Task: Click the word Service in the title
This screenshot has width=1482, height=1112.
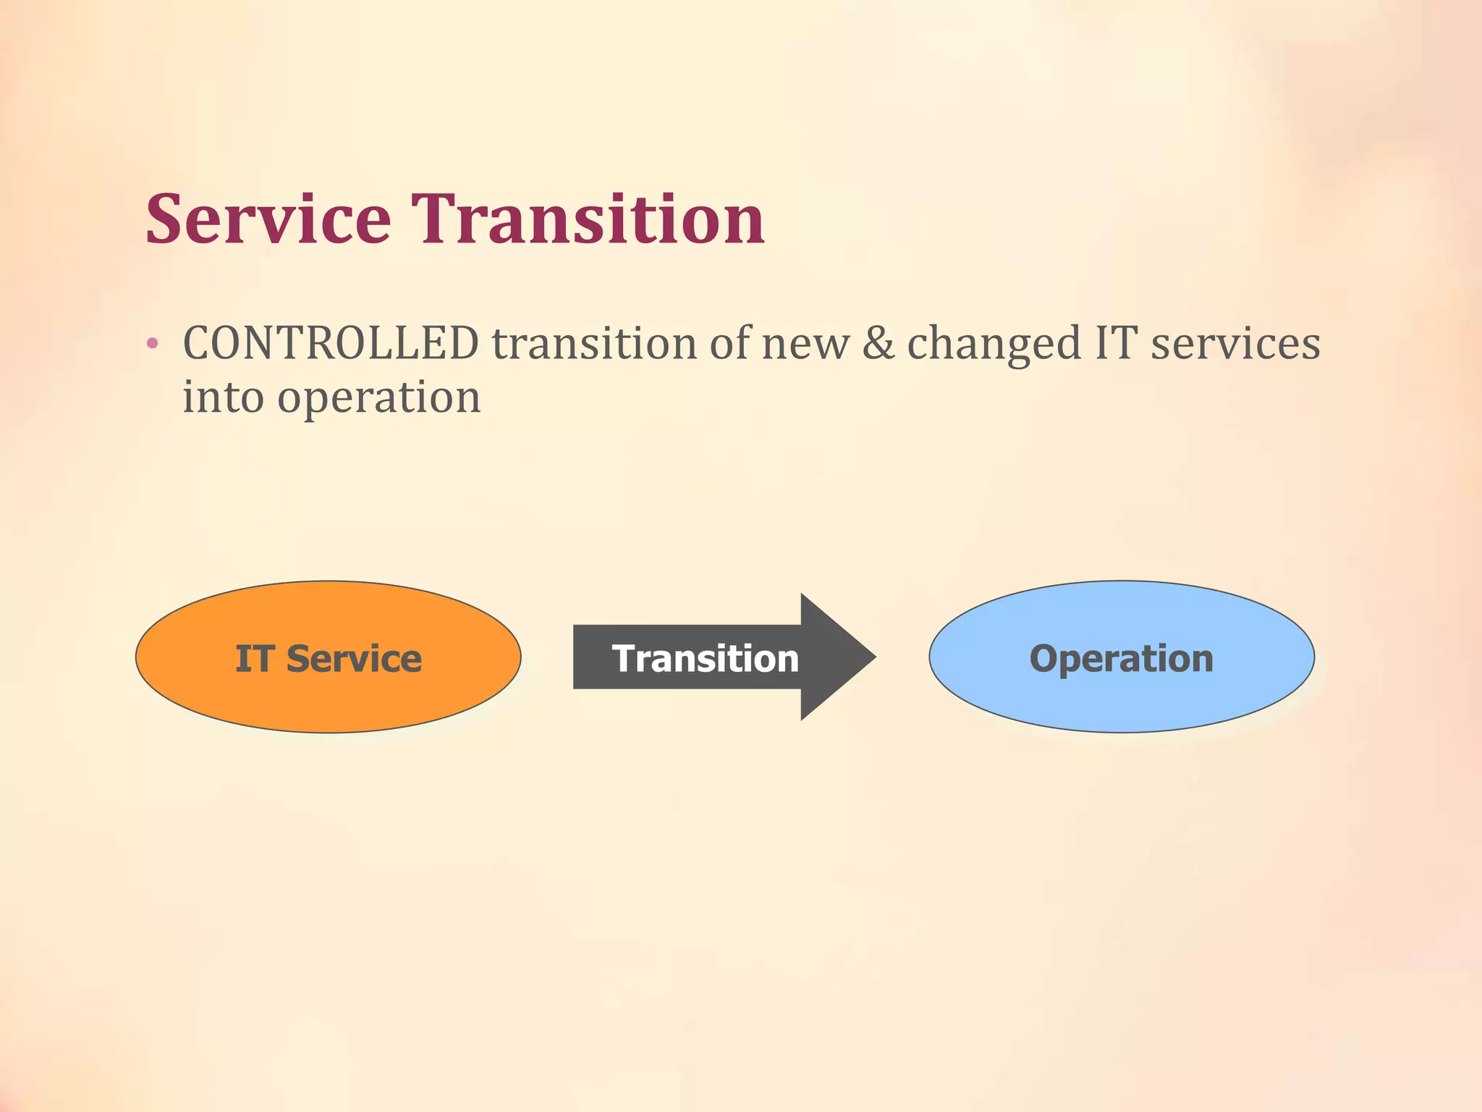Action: click(x=268, y=219)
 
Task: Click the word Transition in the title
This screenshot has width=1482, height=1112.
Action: click(x=588, y=219)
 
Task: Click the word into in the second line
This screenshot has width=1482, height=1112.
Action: click(x=223, y=397)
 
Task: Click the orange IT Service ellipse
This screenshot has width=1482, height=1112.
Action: click(x=329, y=695)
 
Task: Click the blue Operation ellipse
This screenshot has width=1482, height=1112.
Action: click(x=1121, y=695)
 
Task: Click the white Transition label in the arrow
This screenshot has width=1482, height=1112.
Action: click(x=705, y=659)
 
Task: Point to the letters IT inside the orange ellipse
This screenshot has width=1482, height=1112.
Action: click(x=254, y=659)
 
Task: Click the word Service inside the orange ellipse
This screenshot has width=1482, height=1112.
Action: click(x=354, y=659)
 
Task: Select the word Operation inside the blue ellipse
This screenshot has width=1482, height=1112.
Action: click(x=1121, y=659)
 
